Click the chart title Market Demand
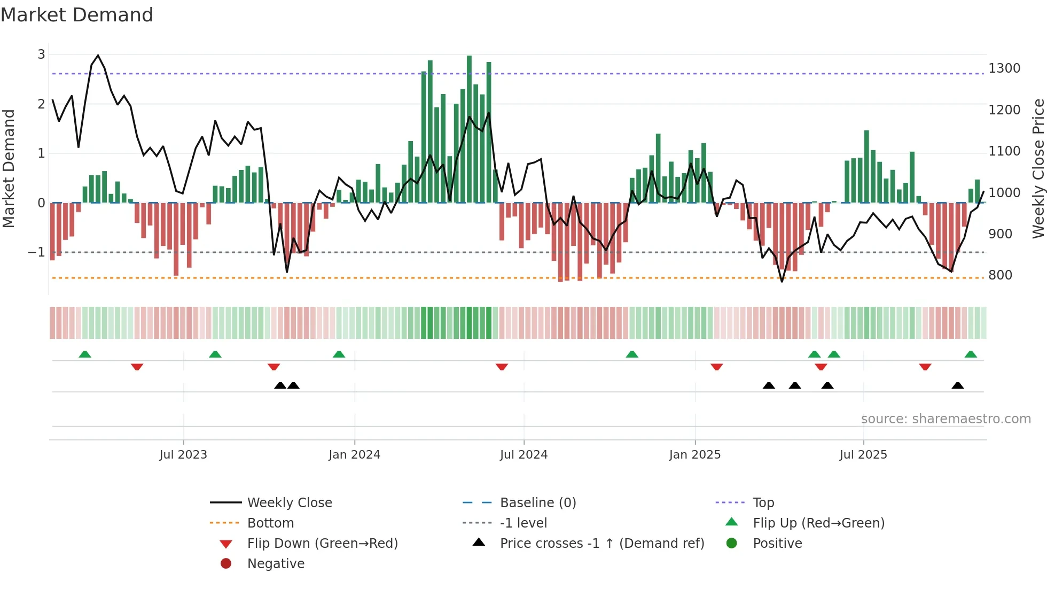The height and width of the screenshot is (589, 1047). pyautogui.click(x=77, y=15)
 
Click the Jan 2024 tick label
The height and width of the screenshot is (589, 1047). pyautogui.click(x=354, y=455)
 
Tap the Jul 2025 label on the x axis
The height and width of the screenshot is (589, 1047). pyautogui.click(x=863, y=455)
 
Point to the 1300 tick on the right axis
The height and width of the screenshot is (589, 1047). pyautogui.click(x=1004, y=68)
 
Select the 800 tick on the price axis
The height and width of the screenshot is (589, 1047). pyautogui.click(x=1000, y=275)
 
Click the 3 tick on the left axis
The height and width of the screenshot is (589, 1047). pyautogui.click(x=41, y=54)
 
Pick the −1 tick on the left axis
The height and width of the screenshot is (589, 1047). pyautogui.click(x=36, y=252)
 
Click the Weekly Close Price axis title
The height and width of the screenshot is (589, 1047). pyautogui.click(x=1037, y=168)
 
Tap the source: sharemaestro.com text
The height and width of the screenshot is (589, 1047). pyautogui.click(x=946, y=419)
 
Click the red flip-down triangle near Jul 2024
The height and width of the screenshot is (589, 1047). pyautogui.click(x=502, y=367)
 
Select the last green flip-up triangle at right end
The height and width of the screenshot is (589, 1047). pyautogui.click(x=971, y=354)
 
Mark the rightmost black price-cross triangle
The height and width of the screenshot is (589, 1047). pyautogui.click(x=958, y=385)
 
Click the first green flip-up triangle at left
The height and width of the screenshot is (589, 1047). pyautogui.click(x=85, y=354)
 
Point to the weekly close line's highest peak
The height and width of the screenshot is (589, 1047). pyautogui.click(x=98, y=55)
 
